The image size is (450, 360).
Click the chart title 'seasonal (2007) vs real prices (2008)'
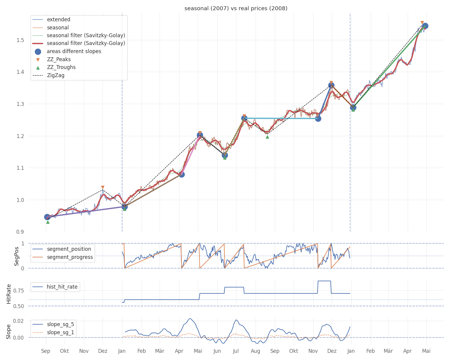pyautogui.click(x=236, y=8)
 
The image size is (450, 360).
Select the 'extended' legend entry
pyautogui.click(x=58, y=19)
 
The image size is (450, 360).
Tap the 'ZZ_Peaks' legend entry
pyautogui.click(x=59, y=59)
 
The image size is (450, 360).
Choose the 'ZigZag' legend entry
pyautogui.click(x=55, y=75)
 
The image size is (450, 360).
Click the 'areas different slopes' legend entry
pyautogui.click(x=74, y=51)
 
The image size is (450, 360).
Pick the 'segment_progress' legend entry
pyautogui.click(x=70, y=257)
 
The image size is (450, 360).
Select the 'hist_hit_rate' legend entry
pyautogui.click(x=62, y=287)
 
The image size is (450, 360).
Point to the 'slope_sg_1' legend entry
pyautogui.click(x=60, y=332)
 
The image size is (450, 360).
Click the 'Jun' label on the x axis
pyautogui.click(x=217, y=351)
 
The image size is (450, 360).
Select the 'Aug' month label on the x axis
pyautogui.click(x=255, y=351)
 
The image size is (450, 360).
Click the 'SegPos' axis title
pyautogui.click(x=16, y=256)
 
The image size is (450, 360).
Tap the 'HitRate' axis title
pyautogui.click(x=9, y=294)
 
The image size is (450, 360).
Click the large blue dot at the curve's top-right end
pyautogui.click(x=425, y=26)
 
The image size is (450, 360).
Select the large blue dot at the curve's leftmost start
pyautogui.click(x=47, y=217)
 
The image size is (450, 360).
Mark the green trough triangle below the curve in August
pyautogui.click(x=267, y=137)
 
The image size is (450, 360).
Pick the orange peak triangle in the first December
pyautogui.click(x=103, y=187)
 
